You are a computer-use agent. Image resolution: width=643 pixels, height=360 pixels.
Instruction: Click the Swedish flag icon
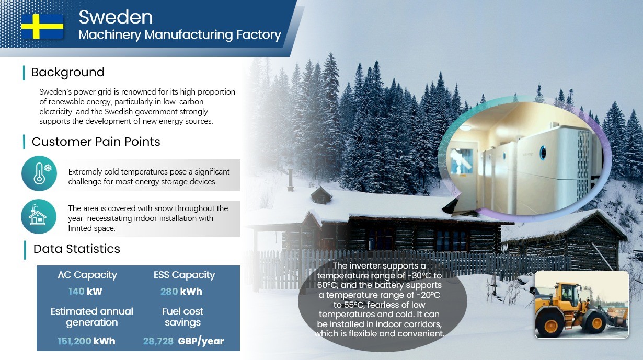(42, 27)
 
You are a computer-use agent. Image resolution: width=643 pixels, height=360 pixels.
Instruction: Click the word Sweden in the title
(116, 17)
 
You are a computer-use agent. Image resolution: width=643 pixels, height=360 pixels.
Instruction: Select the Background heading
(68, 72)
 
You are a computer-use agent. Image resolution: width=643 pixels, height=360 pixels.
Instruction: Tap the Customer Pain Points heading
(96, 142)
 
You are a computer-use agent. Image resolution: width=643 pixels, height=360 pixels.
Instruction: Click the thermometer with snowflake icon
(39, 173)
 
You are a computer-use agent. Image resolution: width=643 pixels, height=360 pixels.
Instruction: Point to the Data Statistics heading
(77, 249)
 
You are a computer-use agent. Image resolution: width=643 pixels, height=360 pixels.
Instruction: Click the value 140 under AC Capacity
(76, 292)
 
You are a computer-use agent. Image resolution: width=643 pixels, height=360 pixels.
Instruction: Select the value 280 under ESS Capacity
(169, 292)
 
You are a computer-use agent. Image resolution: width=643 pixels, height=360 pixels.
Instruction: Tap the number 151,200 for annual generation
(74, 341)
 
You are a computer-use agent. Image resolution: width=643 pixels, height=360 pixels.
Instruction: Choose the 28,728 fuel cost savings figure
(158, 341)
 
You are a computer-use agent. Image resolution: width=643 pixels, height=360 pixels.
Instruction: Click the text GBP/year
(201, 341)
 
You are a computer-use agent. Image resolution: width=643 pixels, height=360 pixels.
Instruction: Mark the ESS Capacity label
(184, 275)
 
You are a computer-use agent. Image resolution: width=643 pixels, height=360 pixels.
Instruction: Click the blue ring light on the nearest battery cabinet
(543, 153)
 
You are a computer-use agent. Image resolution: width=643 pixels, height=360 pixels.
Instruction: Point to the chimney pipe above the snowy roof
(291, 180)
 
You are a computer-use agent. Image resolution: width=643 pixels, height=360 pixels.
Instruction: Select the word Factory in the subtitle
(258, 34)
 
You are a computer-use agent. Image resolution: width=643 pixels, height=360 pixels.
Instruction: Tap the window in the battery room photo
(462, 161)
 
